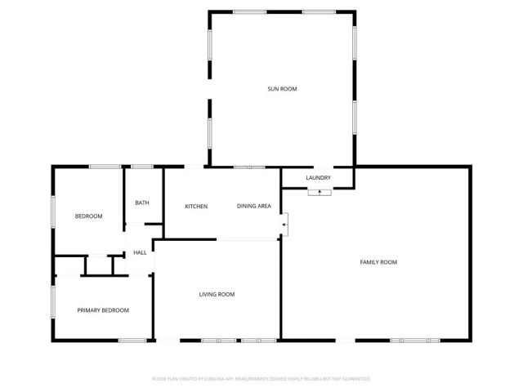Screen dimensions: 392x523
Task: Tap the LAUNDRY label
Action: click(x=318, y=178)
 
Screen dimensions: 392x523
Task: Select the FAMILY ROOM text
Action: click(x=378, y=262)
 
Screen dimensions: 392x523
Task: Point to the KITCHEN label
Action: click(x=196, y=206)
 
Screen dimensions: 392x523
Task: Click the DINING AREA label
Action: click(x=254, y=206)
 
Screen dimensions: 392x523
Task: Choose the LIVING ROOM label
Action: click(x=217, y=294)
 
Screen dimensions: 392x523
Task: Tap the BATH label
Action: click(x=142, y=203)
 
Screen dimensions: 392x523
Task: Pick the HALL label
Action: click(x=140, y=253)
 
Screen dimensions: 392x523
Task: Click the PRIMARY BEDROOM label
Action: click(x=103, y=310)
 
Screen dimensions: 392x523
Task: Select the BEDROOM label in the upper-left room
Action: click(x=88, y=216)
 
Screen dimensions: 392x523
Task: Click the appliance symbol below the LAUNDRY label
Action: click(x=320, y=193)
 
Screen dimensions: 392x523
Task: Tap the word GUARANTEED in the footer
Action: click(x=353, y=379)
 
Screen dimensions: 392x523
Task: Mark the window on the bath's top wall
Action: click(x=142, y=167)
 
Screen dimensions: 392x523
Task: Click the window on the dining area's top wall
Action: click(x=248, y=167)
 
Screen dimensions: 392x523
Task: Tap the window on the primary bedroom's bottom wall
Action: click(x=132, y=340)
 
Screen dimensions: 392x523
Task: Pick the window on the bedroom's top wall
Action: click(x=105, y=167)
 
